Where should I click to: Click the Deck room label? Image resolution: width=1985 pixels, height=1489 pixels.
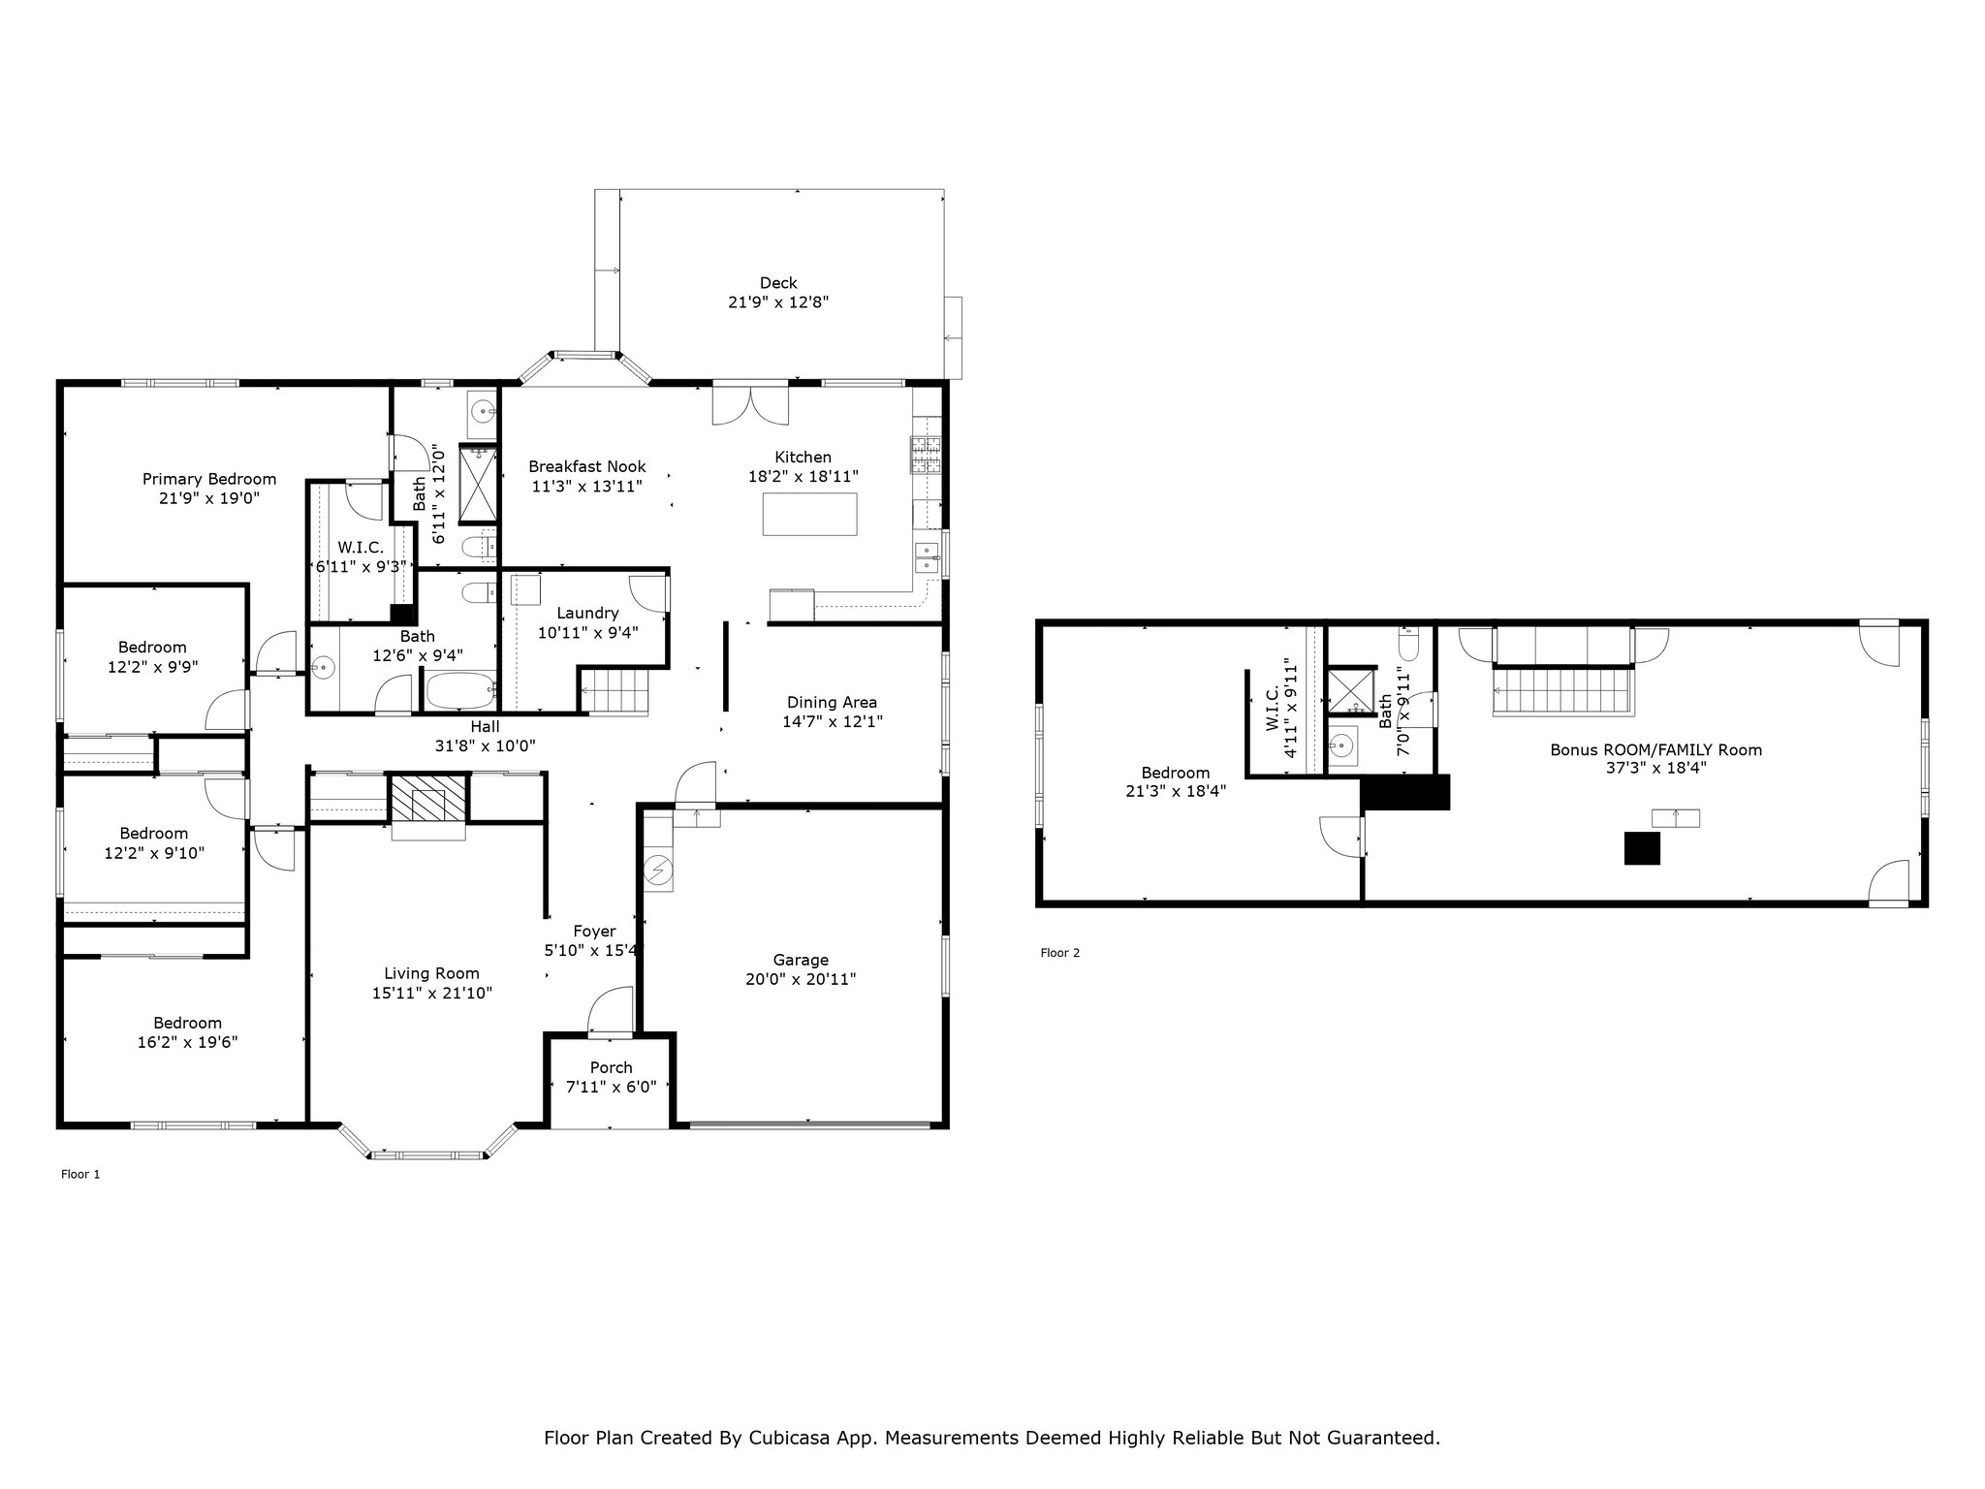tap(778, 283)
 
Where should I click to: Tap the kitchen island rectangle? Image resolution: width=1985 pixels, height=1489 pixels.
tap(809, 514)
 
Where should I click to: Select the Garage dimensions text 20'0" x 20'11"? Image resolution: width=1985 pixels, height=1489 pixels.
tap(801, 979)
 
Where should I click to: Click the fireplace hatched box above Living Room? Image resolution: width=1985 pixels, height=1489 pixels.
tap(427, 799)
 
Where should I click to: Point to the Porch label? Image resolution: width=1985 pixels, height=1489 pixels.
tap(611, 1067)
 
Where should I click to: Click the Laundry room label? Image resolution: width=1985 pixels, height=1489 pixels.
tap(587, 613)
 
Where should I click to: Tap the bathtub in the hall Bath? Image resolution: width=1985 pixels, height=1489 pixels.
tap(461, 692)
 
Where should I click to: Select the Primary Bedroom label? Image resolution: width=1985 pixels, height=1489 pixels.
tap(209, 479)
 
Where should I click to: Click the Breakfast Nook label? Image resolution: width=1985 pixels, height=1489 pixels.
tap(587, 466)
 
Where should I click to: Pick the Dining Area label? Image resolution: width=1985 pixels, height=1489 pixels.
tap(833, 702)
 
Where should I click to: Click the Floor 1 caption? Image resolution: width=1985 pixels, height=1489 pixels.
tap(80, 1174)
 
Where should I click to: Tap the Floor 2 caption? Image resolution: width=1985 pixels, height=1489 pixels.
tap(1060, 952)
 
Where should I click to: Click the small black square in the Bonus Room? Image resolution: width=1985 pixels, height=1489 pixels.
tap(1642, 849)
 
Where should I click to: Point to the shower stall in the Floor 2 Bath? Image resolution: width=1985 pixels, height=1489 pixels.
tap(1351, 690)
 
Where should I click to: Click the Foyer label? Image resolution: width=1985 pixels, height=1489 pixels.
tap(594, 932)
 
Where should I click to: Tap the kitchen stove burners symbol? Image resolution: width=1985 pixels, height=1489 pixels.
tap(926, 456)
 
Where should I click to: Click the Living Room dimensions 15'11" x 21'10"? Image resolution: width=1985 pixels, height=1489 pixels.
tap(432, 993)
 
